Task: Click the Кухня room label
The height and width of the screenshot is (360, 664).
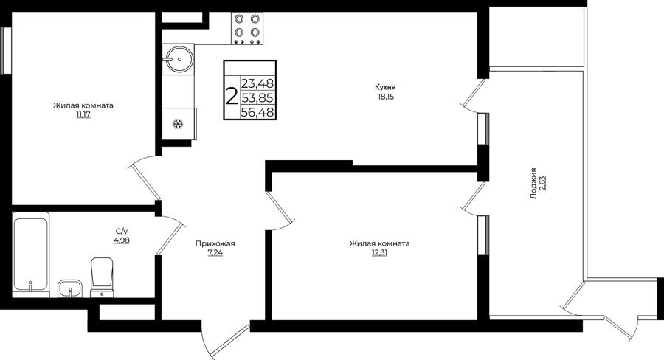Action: (x=385, y=87)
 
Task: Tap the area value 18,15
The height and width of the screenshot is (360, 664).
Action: (x=385, y=97)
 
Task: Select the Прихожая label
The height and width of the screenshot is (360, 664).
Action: (x=215, y=244)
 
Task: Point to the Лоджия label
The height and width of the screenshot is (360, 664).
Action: (x=533, y=184)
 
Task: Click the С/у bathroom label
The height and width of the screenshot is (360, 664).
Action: (x=122, y=232)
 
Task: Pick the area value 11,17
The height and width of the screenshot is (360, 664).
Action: (x=83, y=115)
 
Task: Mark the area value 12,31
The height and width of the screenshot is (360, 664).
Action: (x=379, y=253)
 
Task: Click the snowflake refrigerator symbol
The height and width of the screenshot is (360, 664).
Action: (x=179, y=124)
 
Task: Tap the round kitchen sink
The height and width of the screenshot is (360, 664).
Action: (x=179, y=59)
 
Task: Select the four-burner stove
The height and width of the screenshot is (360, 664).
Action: (x=247, y=28)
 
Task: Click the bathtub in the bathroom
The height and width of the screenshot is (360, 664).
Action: (x=30, y=255)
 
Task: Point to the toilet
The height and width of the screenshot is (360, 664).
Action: (x=102, y=277)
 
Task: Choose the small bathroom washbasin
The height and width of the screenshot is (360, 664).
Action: (x=70, y=288)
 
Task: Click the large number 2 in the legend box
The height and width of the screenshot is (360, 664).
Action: (x=232, y=97)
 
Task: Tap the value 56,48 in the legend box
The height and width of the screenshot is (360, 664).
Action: (x=257, y=112)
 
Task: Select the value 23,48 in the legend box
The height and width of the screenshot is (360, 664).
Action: (x=257, y=83)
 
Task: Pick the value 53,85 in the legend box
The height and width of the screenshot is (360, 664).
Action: (x=257, y=98)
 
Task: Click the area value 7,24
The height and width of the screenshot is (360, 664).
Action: (x=215, y=253)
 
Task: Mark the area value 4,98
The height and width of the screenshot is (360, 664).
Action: (x=122, y=240)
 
